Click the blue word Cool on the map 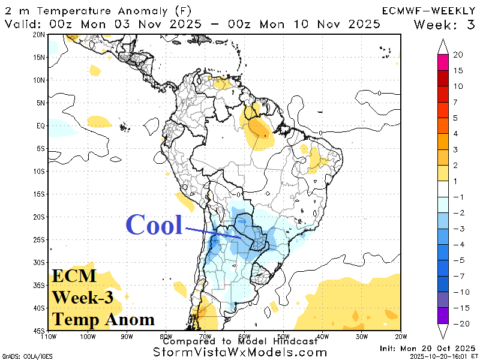point(154,225)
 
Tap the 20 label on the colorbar point(458,55)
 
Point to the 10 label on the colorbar point(458,86)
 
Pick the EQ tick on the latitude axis point(41,126)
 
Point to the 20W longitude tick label point(401,335)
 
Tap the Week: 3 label point(445,24)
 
